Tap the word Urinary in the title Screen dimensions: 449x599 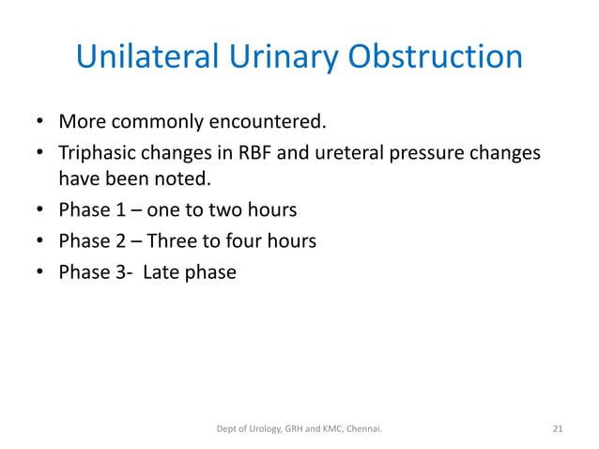(286, 57)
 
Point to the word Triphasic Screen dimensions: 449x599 (99, 152)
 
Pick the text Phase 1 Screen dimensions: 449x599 (93, 210)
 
